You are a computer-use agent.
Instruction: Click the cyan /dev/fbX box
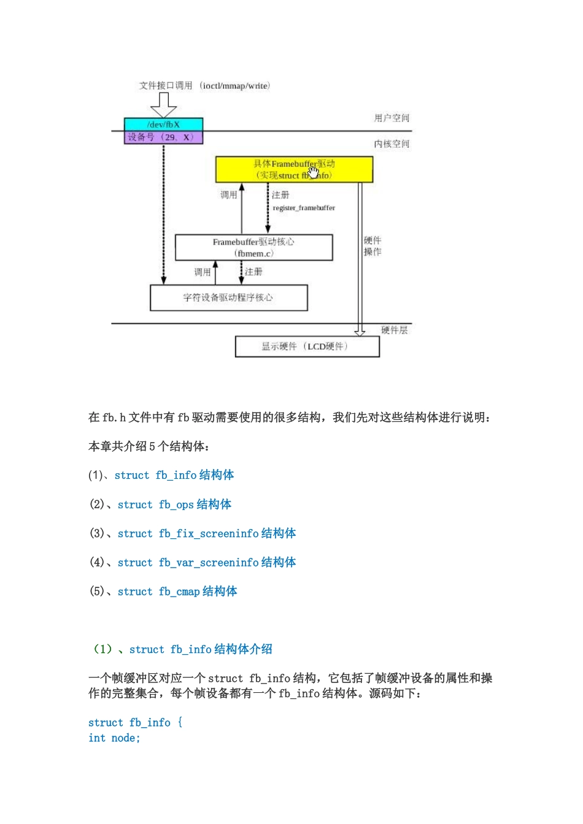click(x=163, y=124)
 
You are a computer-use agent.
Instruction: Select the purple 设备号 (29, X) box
click(x=163, y=137)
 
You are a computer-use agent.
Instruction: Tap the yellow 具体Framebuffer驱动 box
click(x=294, y=169)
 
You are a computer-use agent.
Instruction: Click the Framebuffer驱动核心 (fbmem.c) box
click(x=253, y=248)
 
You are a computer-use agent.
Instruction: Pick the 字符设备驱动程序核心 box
click(x=228, y=298)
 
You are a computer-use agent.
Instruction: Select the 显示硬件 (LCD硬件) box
click(x=307, y=346)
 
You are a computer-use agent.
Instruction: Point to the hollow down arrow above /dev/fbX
click(x=163, y=104)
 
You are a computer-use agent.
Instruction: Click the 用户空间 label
click(x=392, y=118)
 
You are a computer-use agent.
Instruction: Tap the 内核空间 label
click(x=392, y=144)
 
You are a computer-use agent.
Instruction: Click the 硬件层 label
click(x=394, y=330)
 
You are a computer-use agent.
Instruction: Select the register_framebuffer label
click(x=304, y=208)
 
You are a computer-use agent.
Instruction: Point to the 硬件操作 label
click(x=373, y=246)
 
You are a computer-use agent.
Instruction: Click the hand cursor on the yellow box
click(x=314, y=172)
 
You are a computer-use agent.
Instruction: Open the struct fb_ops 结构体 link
click(x=174, y=505)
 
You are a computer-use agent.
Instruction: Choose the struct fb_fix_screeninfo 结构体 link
click(x=206, y=533)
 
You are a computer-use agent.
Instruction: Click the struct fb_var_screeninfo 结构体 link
click(x=206, y=562)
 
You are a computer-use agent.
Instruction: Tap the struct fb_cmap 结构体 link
click(x=177, y=592)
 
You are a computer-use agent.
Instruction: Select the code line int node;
click(x=114, y=738)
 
